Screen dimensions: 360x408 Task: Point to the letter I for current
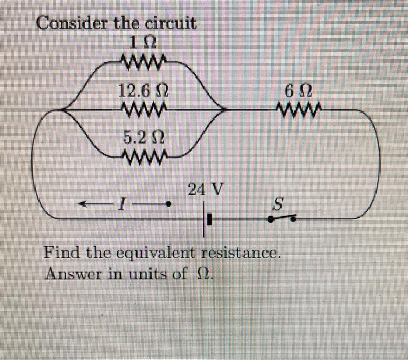[121, 205]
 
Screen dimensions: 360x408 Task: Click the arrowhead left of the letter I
[83, 204]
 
